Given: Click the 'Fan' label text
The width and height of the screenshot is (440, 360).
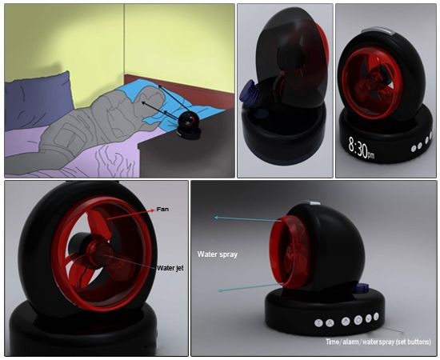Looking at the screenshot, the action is point(162,209).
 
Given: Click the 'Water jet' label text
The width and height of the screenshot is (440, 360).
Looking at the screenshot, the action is point(170,268).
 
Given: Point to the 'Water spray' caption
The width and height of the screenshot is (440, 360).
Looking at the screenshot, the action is point(217,254).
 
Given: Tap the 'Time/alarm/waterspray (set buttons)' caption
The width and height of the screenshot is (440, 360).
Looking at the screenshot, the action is point(378,342).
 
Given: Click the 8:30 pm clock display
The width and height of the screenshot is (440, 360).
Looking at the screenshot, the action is point(362,147).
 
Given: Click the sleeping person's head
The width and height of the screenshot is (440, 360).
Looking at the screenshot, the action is point(151,98).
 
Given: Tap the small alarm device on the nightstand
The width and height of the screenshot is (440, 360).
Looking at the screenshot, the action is point(189,126).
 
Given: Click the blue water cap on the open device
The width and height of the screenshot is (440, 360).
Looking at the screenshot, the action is point(247,93).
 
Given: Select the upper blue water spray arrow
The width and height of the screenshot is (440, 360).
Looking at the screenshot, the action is point(247,219).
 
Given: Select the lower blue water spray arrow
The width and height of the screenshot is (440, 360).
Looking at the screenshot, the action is point(250,288).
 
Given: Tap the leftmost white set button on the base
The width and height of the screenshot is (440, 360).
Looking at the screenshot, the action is point(318,322).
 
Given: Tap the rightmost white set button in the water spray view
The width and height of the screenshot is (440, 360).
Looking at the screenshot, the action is point(376,316).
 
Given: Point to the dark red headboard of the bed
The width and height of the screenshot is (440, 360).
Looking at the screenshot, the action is point(179,90).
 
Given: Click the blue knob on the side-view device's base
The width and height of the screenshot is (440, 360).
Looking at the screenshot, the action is point(362,289).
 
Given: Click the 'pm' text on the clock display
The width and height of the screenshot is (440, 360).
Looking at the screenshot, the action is point(371,154).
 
